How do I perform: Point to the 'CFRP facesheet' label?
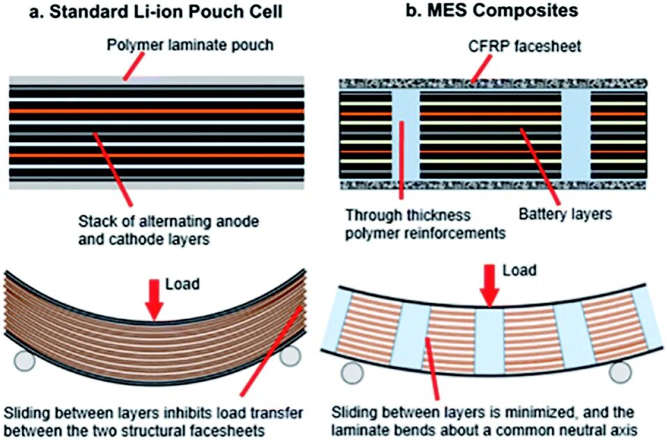(515, 47)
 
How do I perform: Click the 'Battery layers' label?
(565, 214)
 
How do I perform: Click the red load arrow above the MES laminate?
(489, 286)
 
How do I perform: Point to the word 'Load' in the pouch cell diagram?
(182, 284)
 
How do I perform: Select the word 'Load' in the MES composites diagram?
(519, 269)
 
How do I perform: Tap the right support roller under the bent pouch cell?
(290, 355)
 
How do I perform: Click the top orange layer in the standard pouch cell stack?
(156, 110)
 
